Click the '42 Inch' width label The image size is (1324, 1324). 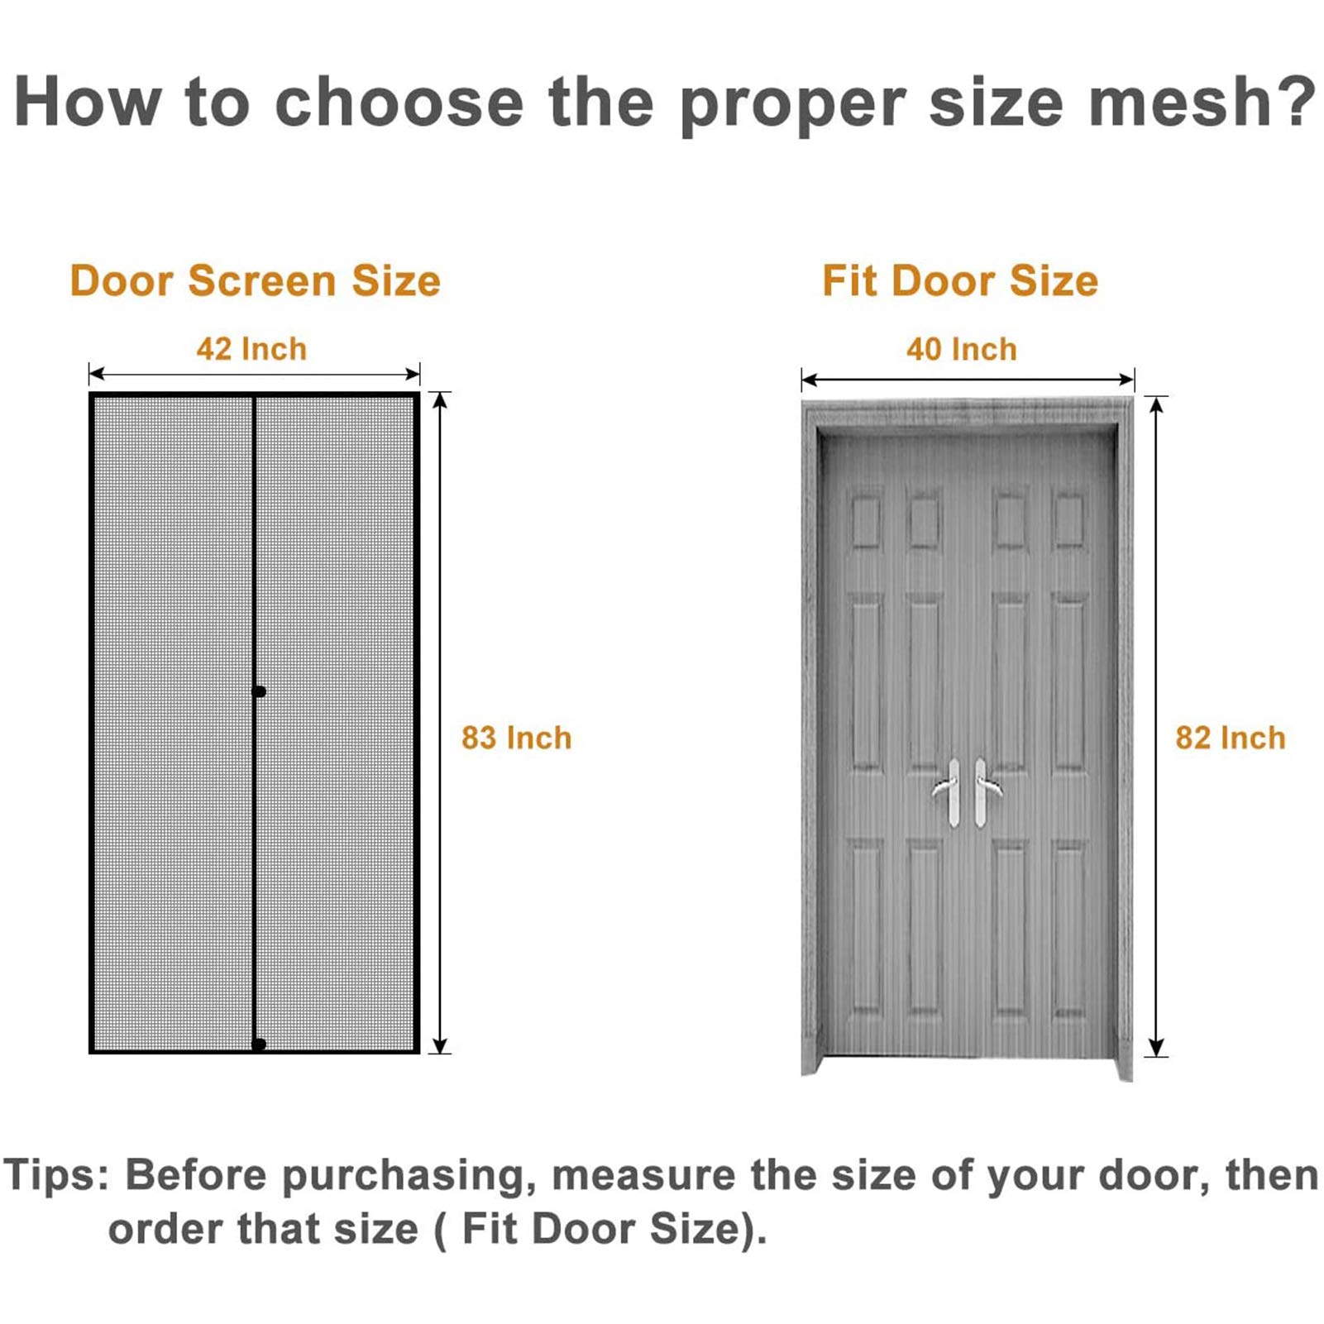pyautogui.click(x=251, y=349)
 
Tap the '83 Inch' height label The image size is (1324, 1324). pyautogui.click(x=517, y=738)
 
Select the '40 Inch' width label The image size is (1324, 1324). pyautogui.click(x=962, y=349)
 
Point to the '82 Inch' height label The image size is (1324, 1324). pyautogui.click(x=1231, y=738)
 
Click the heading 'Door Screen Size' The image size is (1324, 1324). pyautogui.click(x=256, y=280)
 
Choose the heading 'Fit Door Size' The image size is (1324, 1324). pyautogui.click(x=960, y=280)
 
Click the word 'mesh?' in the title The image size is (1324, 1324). pyautogui.click(x=1202, y=102)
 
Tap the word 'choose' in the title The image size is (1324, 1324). pyautogui.click(x=399, y=102)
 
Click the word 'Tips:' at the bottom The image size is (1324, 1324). pyautogui.click(x=56, y=1174)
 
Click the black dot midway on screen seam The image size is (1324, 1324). pyautogui.click(x=259, y=691)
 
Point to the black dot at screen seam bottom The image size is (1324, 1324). pyautogui.click(x=259, y=1044)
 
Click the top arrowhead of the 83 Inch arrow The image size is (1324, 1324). pyautogui.click(x=441, y=400)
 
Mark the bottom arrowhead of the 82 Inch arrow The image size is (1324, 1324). pyautogui.click(x=1157, y=1048)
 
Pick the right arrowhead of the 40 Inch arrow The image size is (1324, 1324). pyautogui.click(x=1126, y=380)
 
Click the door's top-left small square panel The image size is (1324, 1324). pyautogui.click(x=866, y=521)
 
